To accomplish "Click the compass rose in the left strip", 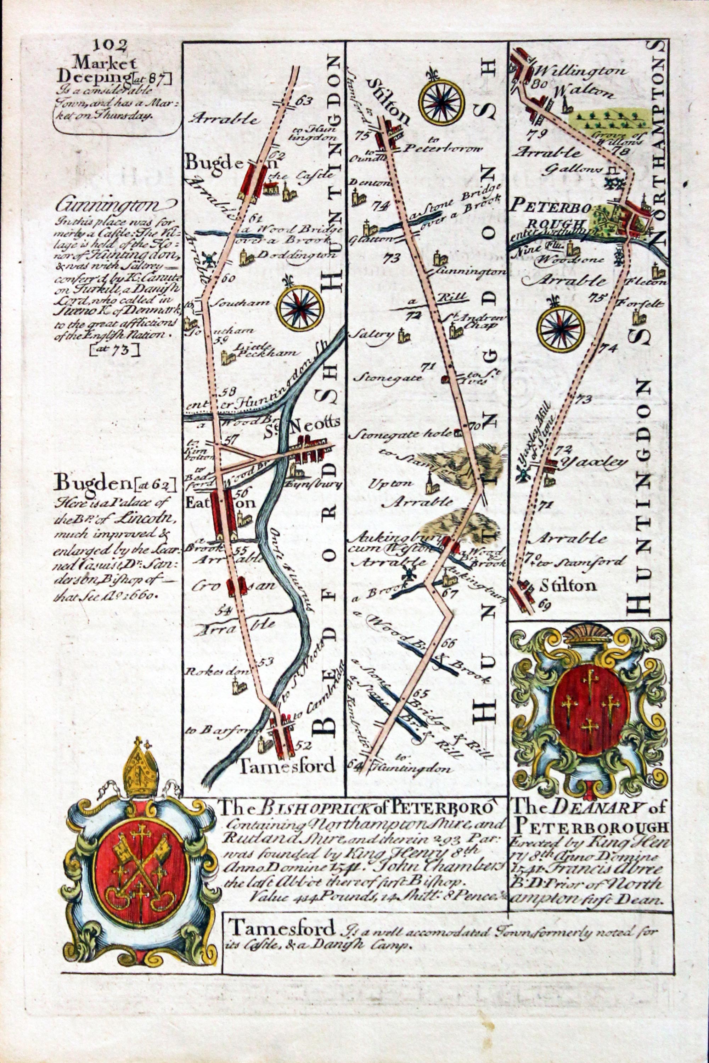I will tap(300, 308).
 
